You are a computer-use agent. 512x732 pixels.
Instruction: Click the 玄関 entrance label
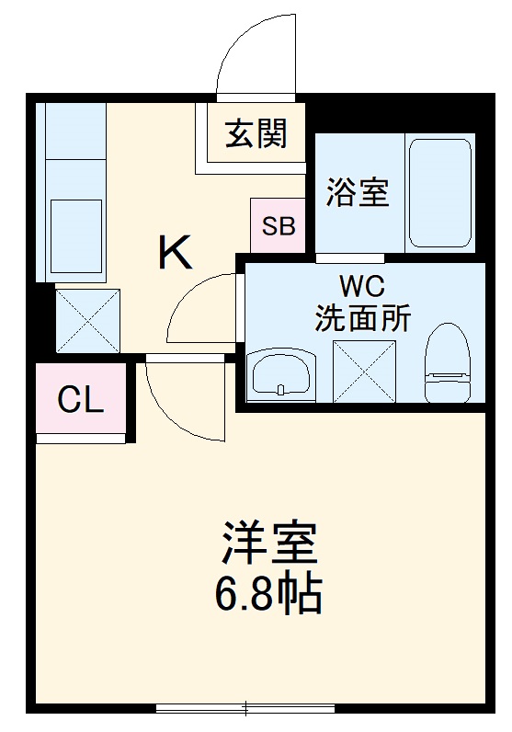point(256,134)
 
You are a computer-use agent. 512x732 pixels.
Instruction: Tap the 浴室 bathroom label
point(358,193)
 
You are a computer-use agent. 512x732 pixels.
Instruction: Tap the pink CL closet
point(81,400)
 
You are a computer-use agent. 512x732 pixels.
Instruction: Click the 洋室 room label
point(268,543)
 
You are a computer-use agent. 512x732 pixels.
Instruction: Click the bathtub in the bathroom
point(440,192)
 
